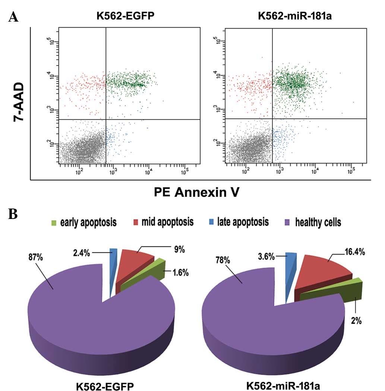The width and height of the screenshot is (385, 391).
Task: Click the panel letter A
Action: [x=13, y=17]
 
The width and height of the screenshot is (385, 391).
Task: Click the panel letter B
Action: [x=13, y=216]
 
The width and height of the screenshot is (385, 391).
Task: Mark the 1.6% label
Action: [x=181, y=273]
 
